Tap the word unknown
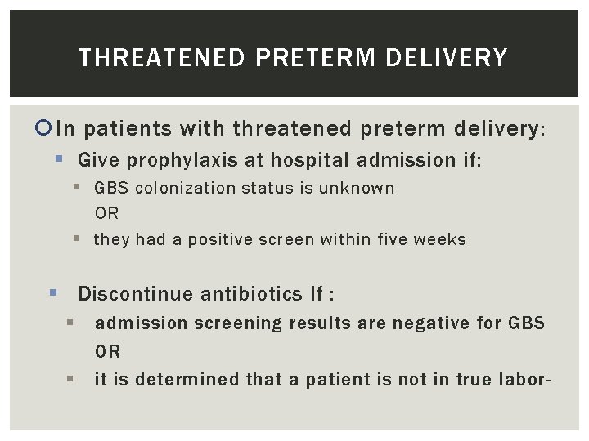[x=357, y=188]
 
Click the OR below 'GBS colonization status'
[x=106, y=213]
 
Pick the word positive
[x=224, y=239]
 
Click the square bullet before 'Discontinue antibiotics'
[x=53, y=292]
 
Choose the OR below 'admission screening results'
[x=108, y=352]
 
